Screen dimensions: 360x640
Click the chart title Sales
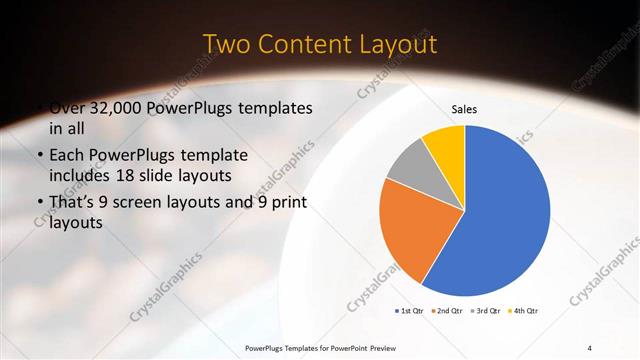click(x=464, y=108)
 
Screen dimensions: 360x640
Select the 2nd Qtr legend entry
click(x=449, y=311)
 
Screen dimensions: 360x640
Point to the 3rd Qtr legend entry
click(x=488, y=311)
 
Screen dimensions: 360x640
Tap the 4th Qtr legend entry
click(x=526, y=311)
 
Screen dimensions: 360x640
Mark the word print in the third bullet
click(x=283, y=203)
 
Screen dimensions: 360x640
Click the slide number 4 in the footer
click(x=589, y=348)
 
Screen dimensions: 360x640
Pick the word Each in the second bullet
click(x=68, y=155)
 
